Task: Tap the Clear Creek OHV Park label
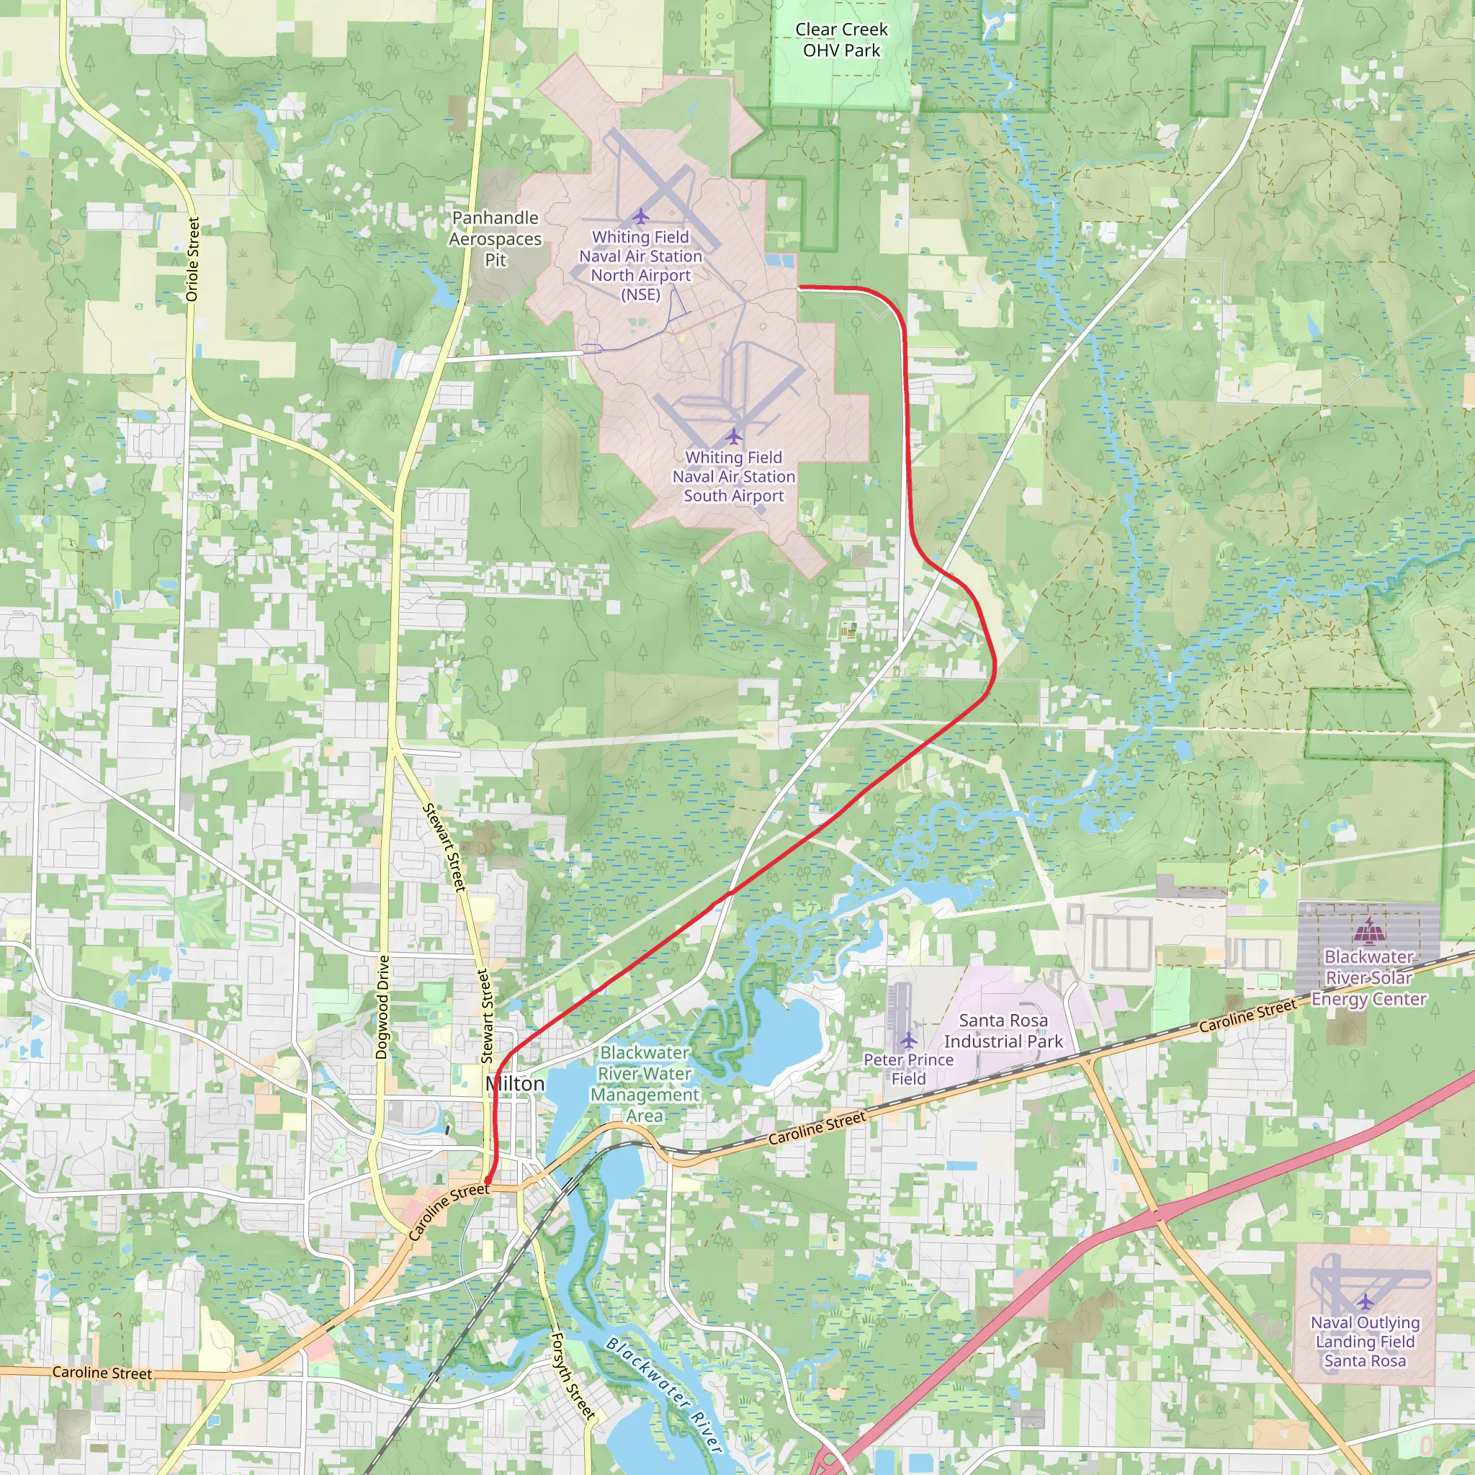[x=841, y=40]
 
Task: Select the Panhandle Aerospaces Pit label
[x=495, y=239]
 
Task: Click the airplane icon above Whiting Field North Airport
[x=640, y=216]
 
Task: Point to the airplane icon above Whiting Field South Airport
[x=734, y=436]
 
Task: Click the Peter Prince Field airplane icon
[x=907, y=1040]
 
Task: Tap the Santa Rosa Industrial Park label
[x=1003, y=1031]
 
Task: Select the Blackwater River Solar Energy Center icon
[x=1370, y=931]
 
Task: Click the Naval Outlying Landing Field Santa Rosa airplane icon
[x=1365, y=1300]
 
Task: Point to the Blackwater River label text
[x=663, y=1395]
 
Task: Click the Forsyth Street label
[x=573, y=1376]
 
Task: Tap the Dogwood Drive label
[x=382, y=1007]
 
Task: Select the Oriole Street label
[x=192, y=259]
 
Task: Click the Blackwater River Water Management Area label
[x=645, y=1083]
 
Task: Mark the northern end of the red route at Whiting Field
[x=799, y=288]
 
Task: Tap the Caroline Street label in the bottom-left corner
[x=102, y=1373]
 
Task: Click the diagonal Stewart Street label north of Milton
[x=444, y=848]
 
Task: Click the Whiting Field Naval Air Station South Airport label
[x=734, y=476]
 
